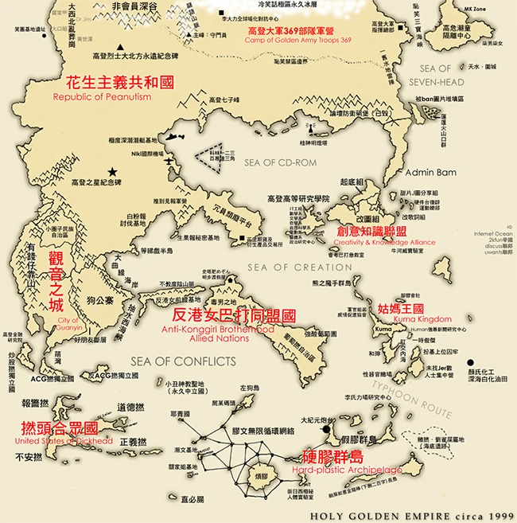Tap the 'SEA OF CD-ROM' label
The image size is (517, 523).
click(280, 163)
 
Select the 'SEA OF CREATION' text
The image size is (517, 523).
click(300, 267)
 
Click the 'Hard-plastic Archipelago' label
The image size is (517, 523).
click(352, 470)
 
